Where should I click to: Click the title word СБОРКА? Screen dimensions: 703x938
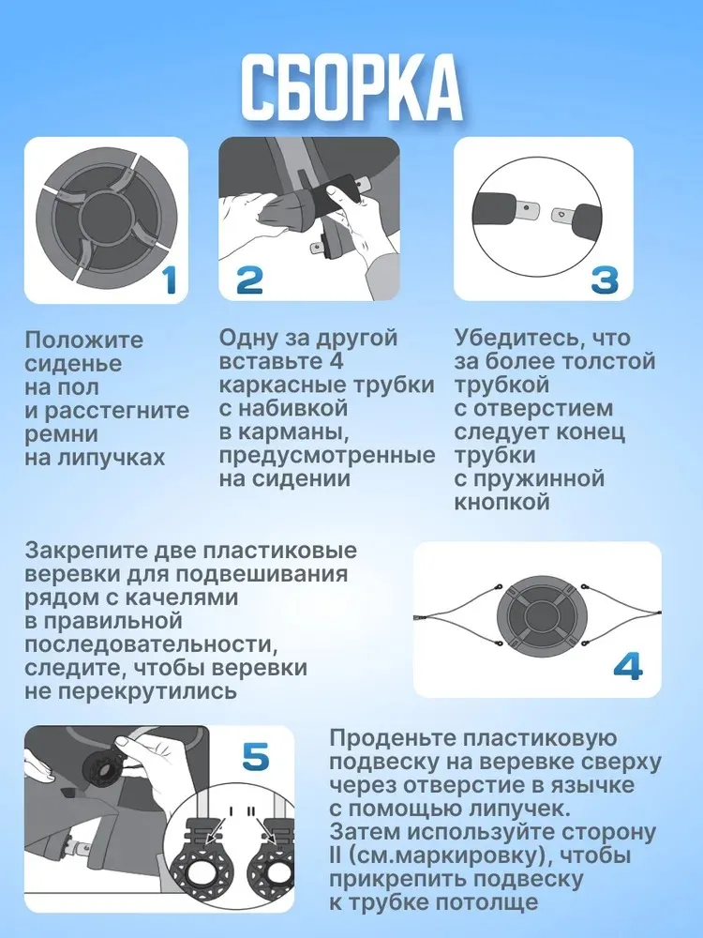point(351,88)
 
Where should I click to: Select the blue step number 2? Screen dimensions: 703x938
point(249,280)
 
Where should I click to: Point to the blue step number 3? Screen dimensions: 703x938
point(605,280)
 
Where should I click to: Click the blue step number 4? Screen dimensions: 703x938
point(628,666)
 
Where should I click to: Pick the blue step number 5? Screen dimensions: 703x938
point(256,757)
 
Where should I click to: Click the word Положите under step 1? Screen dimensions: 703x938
point(84,340)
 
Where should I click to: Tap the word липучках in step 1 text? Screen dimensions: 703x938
point(111,459)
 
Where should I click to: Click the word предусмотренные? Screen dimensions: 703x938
point(327,456)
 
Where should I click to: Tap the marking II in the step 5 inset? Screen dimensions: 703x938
point(251,811)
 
